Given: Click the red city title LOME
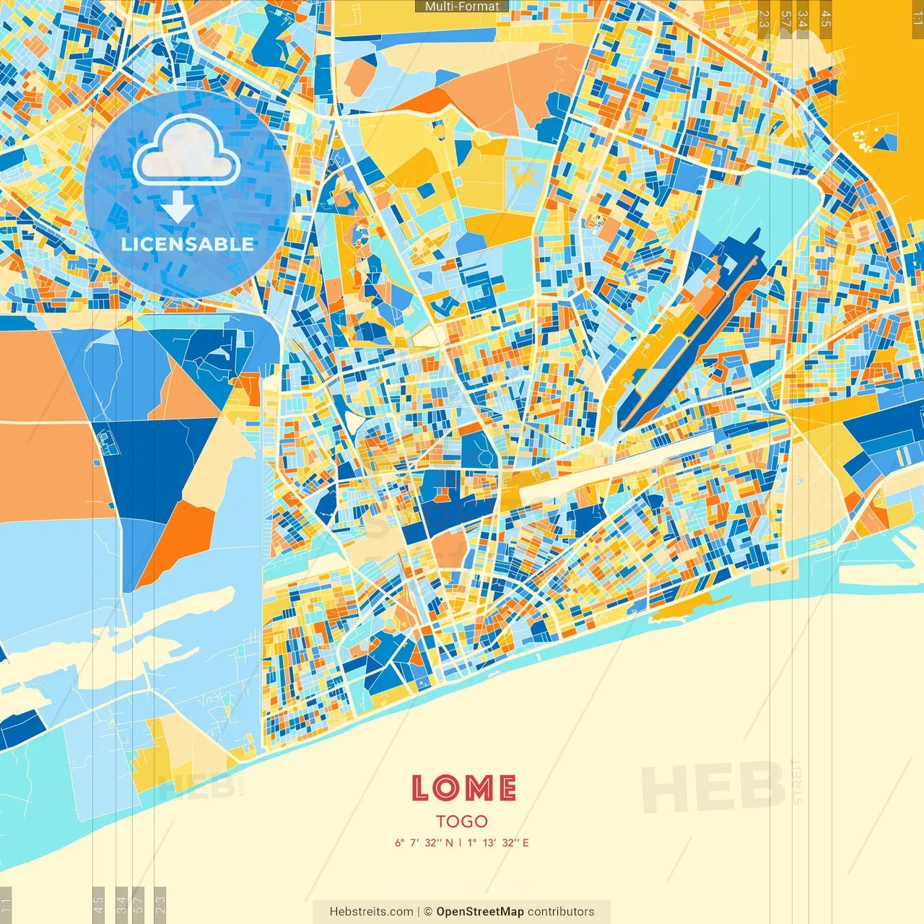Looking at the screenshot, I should pyautogui.click(x=463, y=788).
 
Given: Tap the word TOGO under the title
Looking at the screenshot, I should pyautogui.click(x=462, y=821).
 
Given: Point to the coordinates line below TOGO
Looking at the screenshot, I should pyautogui.click(x=462, y=842).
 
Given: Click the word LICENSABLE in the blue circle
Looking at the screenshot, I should pyautogui.click(x=188, y=244).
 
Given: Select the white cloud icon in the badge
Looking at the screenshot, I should pyautogui.click(x=186, y=150).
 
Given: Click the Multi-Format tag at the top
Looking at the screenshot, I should pyautogui.click(x=462, y=6).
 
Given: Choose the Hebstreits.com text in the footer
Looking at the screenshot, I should pyautogui.click(x=371, y=912).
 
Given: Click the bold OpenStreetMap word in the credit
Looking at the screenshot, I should pyautogui.click(x=480, y=912).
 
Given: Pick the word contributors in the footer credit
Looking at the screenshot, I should pyautogui.click(x=561, y=912).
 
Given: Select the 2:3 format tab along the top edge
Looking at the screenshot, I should pyautogui.click(x=764, y=19).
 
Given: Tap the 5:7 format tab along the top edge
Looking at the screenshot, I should pyautogui.click(x=785, y=19).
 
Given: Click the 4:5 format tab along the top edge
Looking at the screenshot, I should pyautogui.click(x=826, y=19).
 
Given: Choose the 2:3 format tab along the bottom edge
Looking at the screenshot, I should pyautogui.click(x=160, y=905).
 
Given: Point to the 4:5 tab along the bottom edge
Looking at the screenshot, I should pyautogui.click(x=99, y=905).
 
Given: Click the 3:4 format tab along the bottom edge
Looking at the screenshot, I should pyautogui.click(x=121, y=905).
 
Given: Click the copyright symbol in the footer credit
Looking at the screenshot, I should pyautogui.click(x=428, y=912).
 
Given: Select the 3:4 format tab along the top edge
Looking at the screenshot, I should pyautogui.click(x=803, y=19).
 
